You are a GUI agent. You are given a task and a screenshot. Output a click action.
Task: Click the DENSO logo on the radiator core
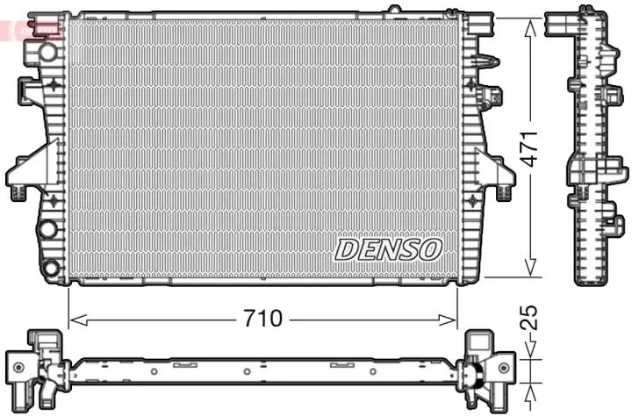[x=386, y=248]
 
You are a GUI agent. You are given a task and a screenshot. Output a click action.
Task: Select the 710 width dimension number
[x=263, y=319]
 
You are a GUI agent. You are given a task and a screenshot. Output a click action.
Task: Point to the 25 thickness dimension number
[x=529, y=318]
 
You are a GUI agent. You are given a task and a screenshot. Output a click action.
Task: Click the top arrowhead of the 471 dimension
[x=529, y=24]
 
